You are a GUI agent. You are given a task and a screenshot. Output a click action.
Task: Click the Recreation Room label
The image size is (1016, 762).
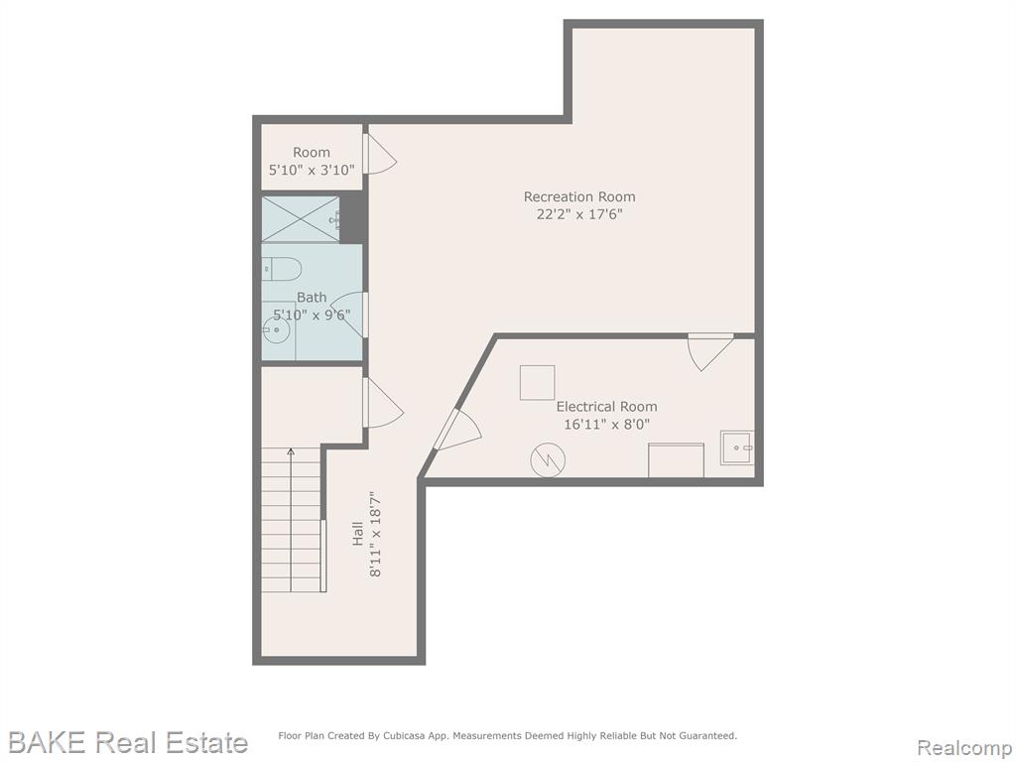[579, 196]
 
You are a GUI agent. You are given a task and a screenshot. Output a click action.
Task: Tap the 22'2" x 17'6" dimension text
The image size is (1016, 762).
[579, 214]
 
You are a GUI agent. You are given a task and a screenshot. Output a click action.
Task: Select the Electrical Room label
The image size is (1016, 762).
[606, 406]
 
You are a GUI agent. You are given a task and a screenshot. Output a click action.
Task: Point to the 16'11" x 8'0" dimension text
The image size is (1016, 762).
[606, 425]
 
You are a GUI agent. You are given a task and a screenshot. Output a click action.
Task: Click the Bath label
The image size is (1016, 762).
[312, 298]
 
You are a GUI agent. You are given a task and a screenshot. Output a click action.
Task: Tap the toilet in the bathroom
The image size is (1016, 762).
[283, 268]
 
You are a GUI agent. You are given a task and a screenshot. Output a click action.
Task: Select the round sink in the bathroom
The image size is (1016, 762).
[276, 329]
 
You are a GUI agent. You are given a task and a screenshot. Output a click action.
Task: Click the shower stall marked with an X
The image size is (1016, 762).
[301, 219]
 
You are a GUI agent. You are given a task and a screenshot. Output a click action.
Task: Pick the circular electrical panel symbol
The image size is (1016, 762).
[548, 460]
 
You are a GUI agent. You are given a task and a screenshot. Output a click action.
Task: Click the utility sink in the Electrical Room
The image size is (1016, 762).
[737, 447]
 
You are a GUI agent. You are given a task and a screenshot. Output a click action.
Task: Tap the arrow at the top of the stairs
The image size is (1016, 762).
[291, 452]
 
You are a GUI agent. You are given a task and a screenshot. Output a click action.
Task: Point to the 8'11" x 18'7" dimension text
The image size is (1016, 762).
[374, 534]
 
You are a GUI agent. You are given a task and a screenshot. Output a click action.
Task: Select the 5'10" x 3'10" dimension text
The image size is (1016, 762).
[312, 171]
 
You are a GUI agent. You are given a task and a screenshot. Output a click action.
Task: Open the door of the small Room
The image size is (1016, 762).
[380, 154]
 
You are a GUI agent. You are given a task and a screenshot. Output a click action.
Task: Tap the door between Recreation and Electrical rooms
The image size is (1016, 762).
[710, 352]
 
